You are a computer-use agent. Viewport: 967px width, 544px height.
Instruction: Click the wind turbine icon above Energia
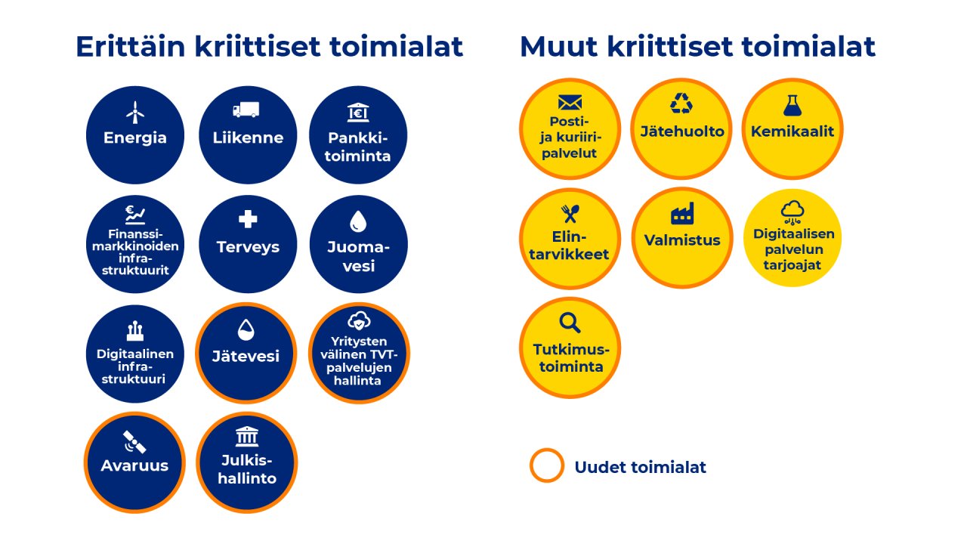pos(134,113)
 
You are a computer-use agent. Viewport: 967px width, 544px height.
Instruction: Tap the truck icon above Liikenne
pos(246,110)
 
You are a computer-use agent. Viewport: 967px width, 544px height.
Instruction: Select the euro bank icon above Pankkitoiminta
pos(358,113)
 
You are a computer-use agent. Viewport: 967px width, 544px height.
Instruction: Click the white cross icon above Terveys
pos(247,220)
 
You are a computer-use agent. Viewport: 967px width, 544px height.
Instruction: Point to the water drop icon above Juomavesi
pos(358,221)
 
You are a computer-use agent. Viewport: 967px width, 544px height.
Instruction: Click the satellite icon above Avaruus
pos(134,441)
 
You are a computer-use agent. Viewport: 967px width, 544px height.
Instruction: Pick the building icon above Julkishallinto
pos(246,437)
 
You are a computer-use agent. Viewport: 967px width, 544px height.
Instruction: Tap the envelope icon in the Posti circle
pos(570,103)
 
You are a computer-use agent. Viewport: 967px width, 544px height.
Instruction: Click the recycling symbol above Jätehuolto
pos(681,104)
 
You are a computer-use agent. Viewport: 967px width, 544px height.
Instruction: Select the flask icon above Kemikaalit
pos(792,105)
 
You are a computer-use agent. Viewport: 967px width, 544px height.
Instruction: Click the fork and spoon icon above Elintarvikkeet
pos(570,215)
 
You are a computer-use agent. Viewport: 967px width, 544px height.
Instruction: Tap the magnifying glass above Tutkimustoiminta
pos(570,323)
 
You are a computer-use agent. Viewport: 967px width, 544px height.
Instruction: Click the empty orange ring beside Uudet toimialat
pos(547,465)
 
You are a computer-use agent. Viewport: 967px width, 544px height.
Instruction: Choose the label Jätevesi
pos(246,356)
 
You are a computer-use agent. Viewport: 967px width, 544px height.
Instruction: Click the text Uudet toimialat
pos(640,467)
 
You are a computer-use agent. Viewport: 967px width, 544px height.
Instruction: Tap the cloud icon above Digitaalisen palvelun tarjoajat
pos(792,211)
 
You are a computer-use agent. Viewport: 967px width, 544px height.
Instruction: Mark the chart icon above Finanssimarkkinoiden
pos(134,215)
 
